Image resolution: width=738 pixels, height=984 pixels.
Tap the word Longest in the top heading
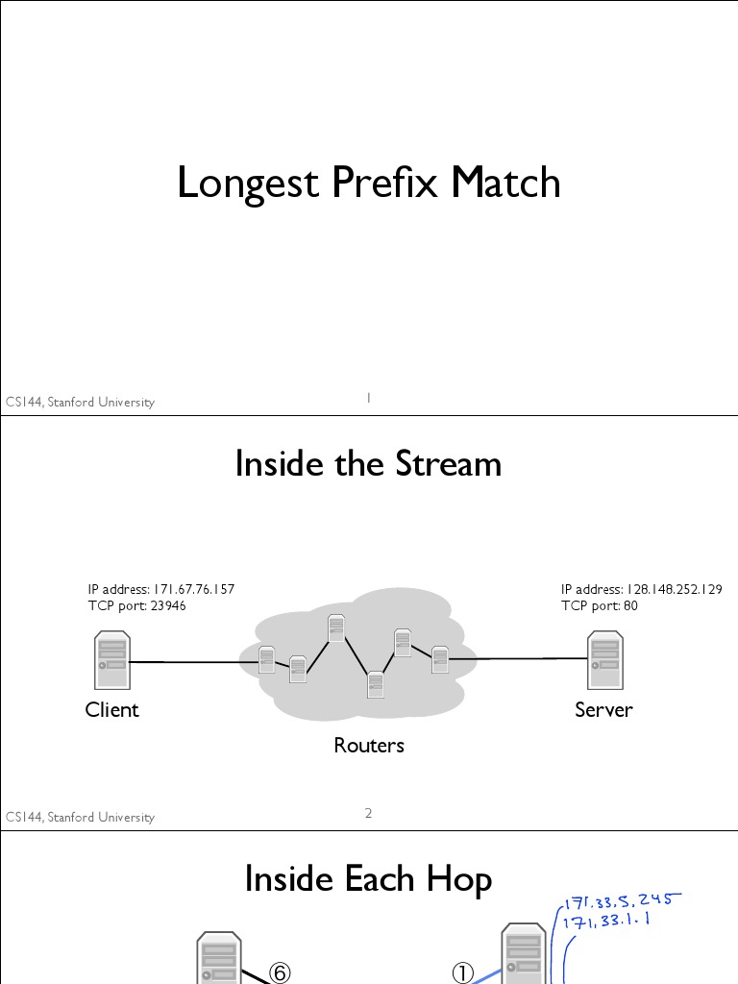point(248,183)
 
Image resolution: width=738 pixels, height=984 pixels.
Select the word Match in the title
point(505,183)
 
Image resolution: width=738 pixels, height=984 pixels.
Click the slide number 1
point(369,398)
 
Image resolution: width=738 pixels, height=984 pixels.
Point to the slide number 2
point(369,814)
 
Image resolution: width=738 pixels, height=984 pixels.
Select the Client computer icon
point(111,660)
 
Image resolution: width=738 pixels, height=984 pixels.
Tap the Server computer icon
point(604,659)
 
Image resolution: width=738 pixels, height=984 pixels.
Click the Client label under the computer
point(111,710)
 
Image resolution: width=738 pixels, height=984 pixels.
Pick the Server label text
point(603,710)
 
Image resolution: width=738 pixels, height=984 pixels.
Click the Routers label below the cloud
point(369,746)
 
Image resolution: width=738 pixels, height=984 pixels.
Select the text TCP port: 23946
point(136,605)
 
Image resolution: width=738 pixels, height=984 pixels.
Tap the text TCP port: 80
point(599,605)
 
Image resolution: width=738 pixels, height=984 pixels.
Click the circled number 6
point(279,973)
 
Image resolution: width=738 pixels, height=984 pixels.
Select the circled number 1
point(463,973)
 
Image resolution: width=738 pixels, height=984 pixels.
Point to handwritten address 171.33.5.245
point(624,901)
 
